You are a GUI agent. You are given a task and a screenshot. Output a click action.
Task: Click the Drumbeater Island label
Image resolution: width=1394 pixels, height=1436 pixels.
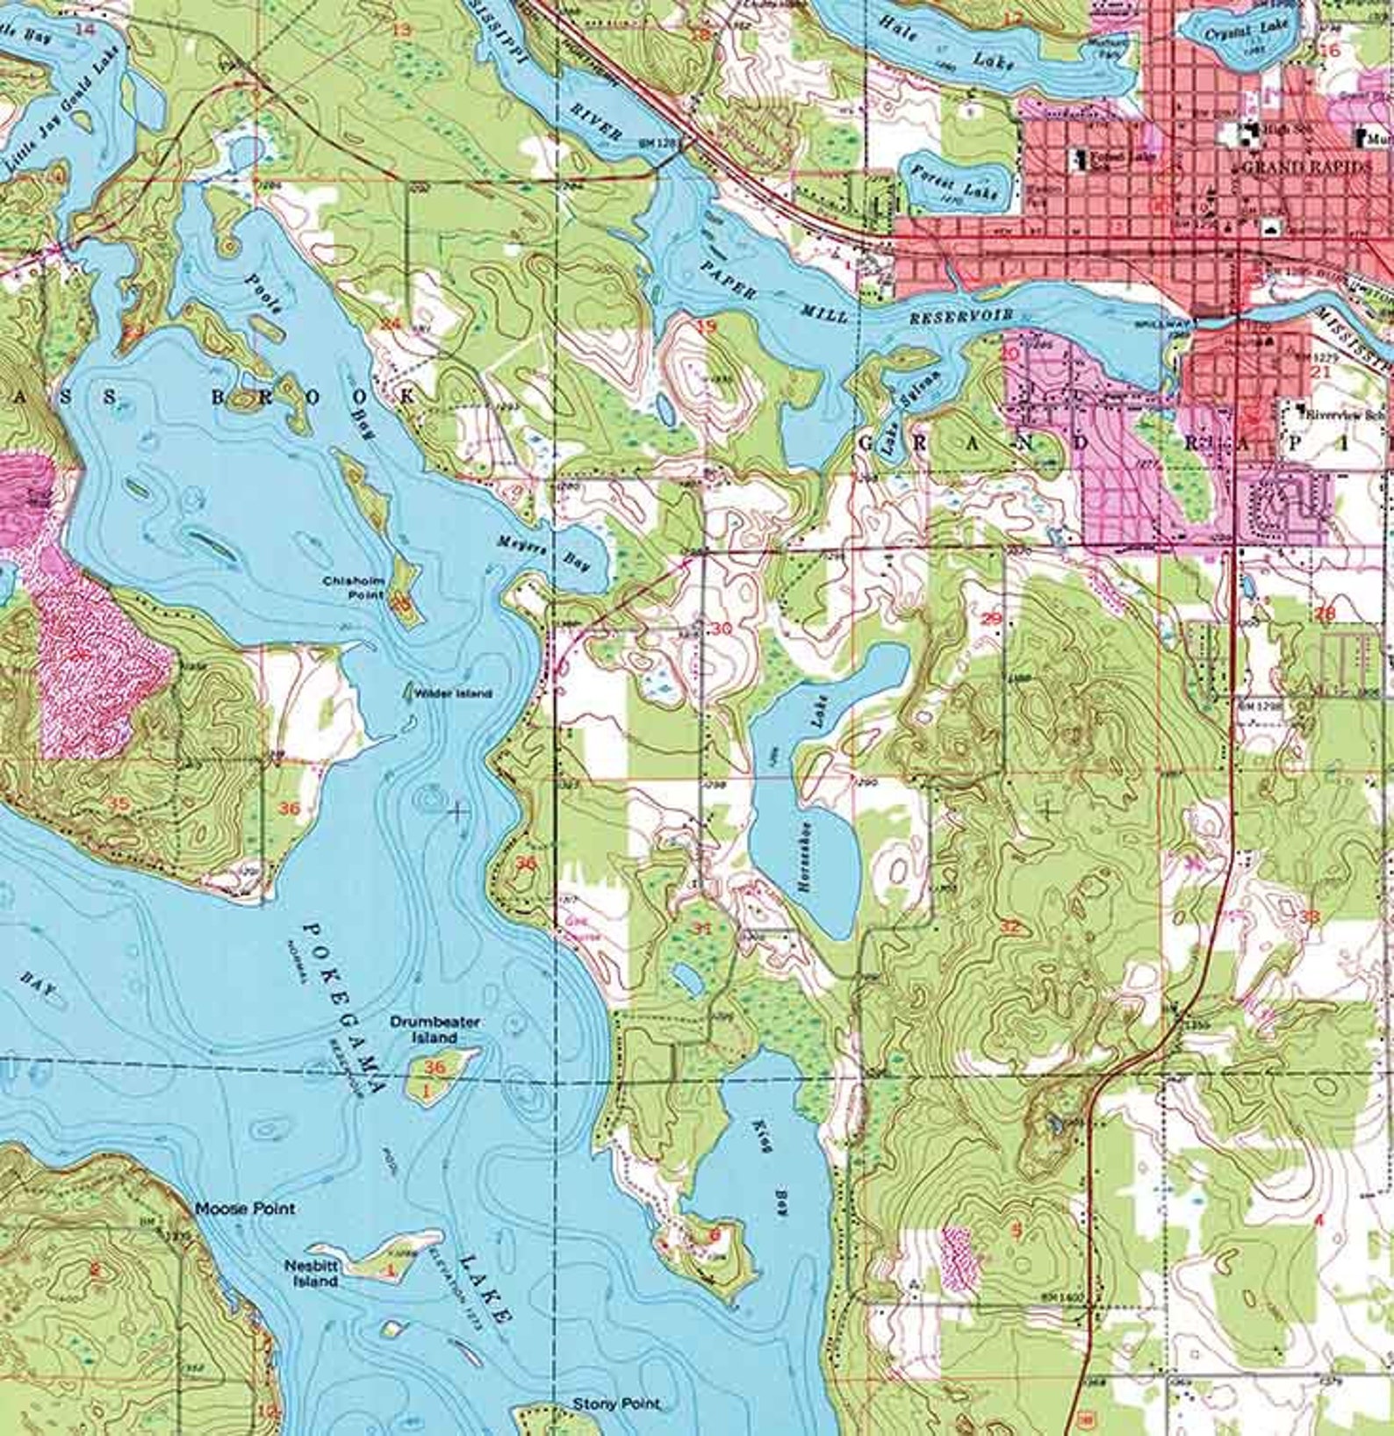pyautogui.click(x=435, y=1029)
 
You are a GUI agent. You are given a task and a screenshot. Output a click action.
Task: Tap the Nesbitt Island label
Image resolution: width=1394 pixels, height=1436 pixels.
pyautogui.click(x=311, y=1273)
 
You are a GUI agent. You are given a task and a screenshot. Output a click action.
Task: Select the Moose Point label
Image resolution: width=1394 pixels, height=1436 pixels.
pyautogui.click(x=245, y=1209)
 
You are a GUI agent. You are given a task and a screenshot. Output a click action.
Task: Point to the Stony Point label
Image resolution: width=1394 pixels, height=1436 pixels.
pyautogui.click(x=615, y=1404)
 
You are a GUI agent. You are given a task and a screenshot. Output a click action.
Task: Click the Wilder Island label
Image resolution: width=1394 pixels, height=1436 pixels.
pyautogui.click(x=453, y=693)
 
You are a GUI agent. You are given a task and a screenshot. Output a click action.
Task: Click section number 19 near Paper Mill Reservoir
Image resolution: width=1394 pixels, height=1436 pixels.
pyautogui.click(x=706, y=327)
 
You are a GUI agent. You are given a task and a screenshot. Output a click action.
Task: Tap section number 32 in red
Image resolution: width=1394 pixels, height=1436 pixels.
pyautogui.click(x=1010, y=926)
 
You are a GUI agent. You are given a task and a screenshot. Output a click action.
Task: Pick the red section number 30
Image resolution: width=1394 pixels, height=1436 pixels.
pyautogui.click(x=722, y=628)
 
